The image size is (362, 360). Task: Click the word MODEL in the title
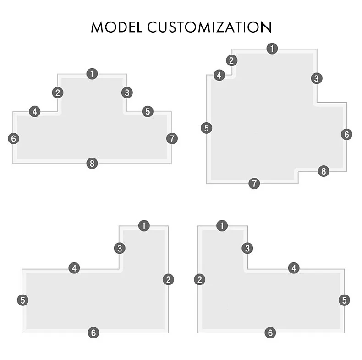[x=117, y=27]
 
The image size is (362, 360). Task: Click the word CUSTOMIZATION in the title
[x=209, y=27]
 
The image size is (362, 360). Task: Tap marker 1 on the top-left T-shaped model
[x=92, y=74]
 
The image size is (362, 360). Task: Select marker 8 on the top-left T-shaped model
[x=92, y=163]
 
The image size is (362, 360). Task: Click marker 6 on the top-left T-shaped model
[x=14, y=138]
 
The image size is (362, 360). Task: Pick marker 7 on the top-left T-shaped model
[x=172, y=138]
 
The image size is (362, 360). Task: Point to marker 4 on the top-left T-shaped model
[x=35, y=111]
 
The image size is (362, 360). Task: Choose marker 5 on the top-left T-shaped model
[x=148, y=111]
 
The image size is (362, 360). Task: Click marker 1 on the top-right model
[x=272, y=49]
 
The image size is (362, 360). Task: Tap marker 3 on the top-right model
[x=316, y=78]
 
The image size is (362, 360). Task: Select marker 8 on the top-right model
[x=324, y=171]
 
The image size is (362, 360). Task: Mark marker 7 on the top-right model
[x=254, y=184]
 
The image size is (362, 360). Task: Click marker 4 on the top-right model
[x=219, y=75]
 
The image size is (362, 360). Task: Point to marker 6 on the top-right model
[x=346, y=134]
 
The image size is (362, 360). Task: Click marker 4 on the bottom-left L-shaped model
[x=74, y=268]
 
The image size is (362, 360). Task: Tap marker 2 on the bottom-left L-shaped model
[x=168, y=279]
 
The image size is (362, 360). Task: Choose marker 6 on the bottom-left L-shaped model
[x=93, y=333]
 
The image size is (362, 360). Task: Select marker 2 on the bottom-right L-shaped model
[x=199, y=279]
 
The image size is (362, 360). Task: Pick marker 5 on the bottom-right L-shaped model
[x=344, y=300]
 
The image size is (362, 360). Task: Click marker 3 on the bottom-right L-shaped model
[x=247, y=249]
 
